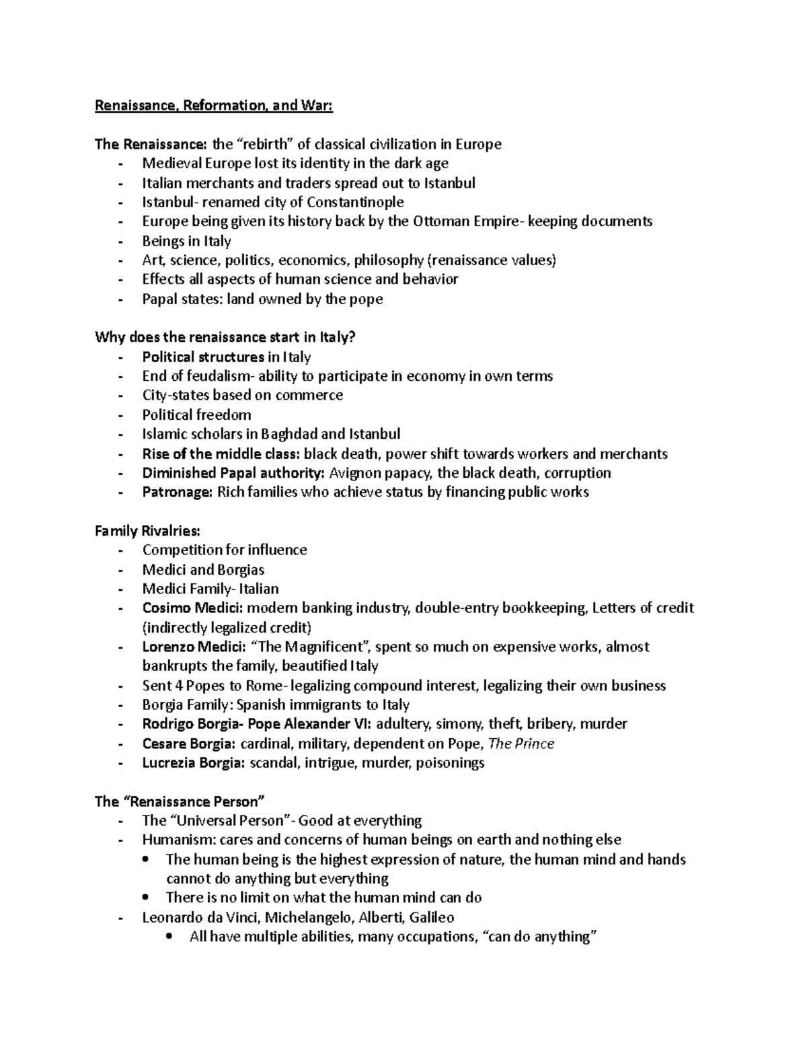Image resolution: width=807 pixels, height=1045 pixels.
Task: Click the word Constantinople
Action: (355, 202)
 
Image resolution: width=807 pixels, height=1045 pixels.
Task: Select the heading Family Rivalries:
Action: (147, 531)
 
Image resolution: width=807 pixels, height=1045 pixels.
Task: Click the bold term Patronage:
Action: (177, 492)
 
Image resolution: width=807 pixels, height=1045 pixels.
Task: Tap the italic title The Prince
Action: (521, 744)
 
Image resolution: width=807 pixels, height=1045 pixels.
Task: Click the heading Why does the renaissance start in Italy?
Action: (225, 337)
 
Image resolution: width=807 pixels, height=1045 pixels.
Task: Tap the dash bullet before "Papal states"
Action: (120, 299)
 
